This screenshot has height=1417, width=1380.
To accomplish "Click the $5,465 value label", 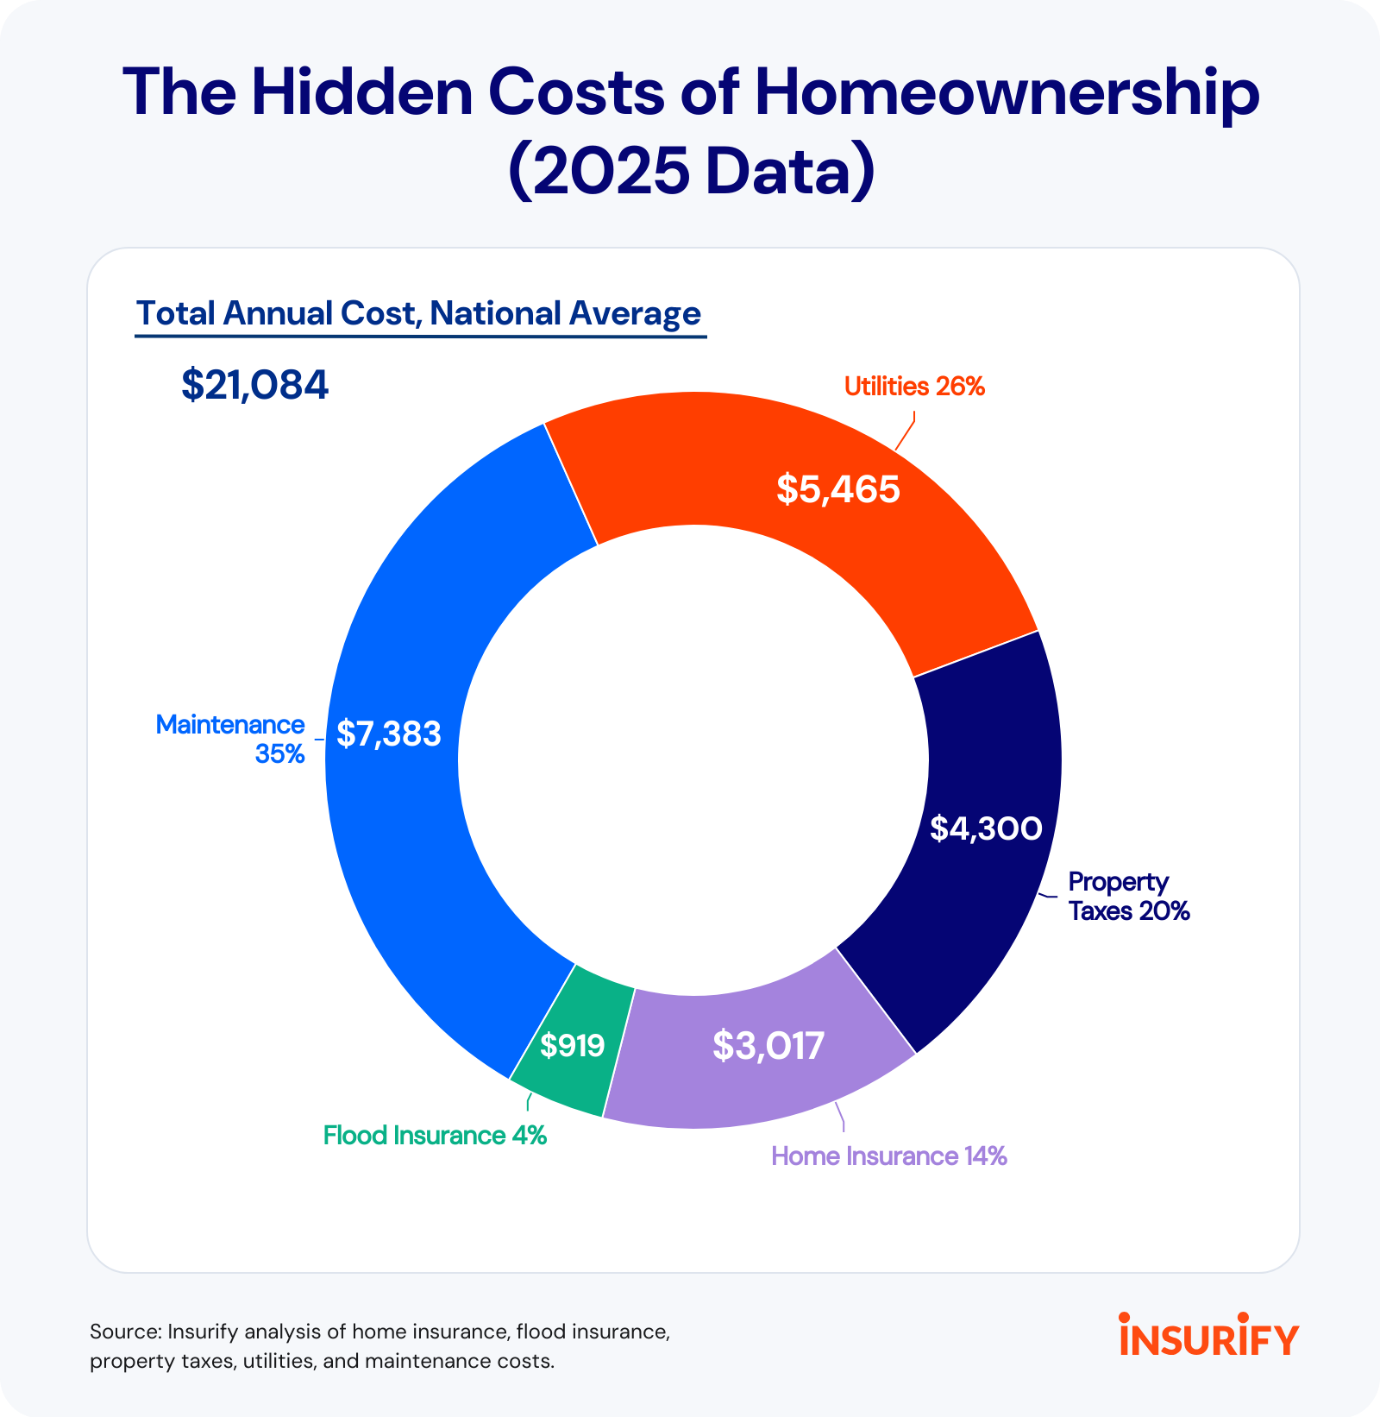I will tap(837, 489).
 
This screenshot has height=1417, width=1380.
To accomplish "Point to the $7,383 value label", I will tap(388, 734).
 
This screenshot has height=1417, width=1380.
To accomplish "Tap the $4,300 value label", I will tap(985, 828).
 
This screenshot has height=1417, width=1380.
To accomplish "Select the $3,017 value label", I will tap(768, 1046).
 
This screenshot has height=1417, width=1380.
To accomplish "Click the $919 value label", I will tap(572, 1046).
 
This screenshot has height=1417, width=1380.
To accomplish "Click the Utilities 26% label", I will tap(913, 387).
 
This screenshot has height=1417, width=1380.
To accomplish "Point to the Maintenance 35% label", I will tap(230, 740).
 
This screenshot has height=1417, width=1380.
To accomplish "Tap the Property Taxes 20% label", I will tap(1128, 897).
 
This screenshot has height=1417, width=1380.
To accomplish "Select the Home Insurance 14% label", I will tap(888, 1156).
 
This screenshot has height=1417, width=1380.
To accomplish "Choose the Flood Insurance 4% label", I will tap(435, 1136).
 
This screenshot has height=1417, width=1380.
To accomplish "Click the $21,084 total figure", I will tap(254, 385).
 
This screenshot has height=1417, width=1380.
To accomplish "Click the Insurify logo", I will tap(1208, 1335).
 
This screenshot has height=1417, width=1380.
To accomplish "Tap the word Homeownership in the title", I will tap(1006, 92).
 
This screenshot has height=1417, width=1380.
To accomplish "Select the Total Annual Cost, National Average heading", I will tap(418, 313).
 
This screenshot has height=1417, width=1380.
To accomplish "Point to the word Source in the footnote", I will tap(125, 1332).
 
